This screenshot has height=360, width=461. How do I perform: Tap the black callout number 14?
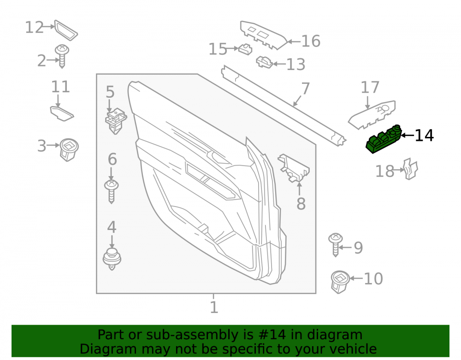click(424, 136)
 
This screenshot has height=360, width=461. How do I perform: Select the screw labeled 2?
click(62, 56)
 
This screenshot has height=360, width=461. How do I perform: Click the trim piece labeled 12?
click(66, 30)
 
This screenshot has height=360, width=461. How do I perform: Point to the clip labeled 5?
click(116, 121)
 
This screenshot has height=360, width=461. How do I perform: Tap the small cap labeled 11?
click(62, 114)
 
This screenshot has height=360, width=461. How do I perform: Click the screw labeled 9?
click(336, 245)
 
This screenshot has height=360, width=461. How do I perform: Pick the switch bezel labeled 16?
click(263, 35)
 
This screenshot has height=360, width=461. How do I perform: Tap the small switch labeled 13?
click(264, 62)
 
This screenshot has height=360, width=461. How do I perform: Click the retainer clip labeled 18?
click(411, 169)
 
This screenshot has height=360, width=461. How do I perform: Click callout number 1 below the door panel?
click(214, 307)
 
